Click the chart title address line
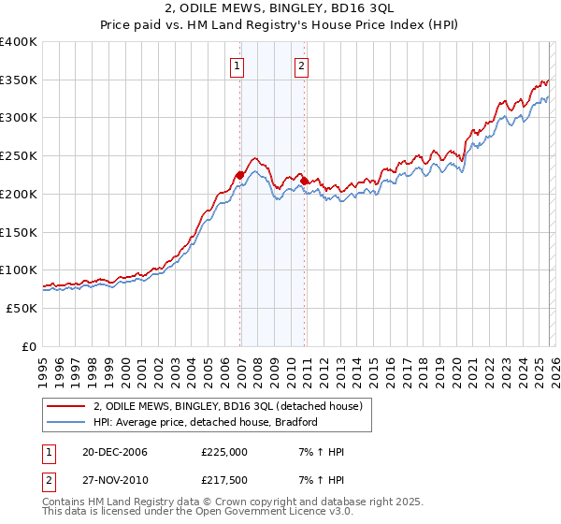pyautogui.click(x=280, y=8)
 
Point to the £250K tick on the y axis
pyautogui.click(x=19, y=156)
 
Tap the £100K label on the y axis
pyautogui.click(x=19, y=270)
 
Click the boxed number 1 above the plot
pyautogui.click(x=237, y=65)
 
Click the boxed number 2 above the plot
pyautogui.click(x=303, y=65)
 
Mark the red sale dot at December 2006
pyautogui.click(x=240, y=175)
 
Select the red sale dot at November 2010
pyautogui.click(x=305, y=181)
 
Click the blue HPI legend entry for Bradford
pyautogui.click(x=205, y=422)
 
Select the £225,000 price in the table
pyautogui.click(x=224, y=452)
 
